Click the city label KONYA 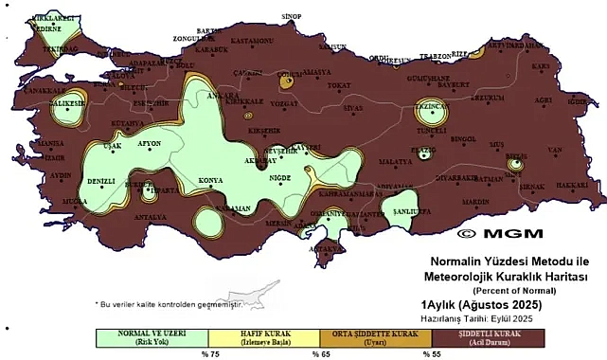(211, 180)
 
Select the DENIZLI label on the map (100, 180)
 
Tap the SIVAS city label (353, 109)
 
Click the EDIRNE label (48, 28)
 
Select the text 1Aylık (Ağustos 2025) (481, 304)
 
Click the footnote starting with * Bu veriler (169, 304)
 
